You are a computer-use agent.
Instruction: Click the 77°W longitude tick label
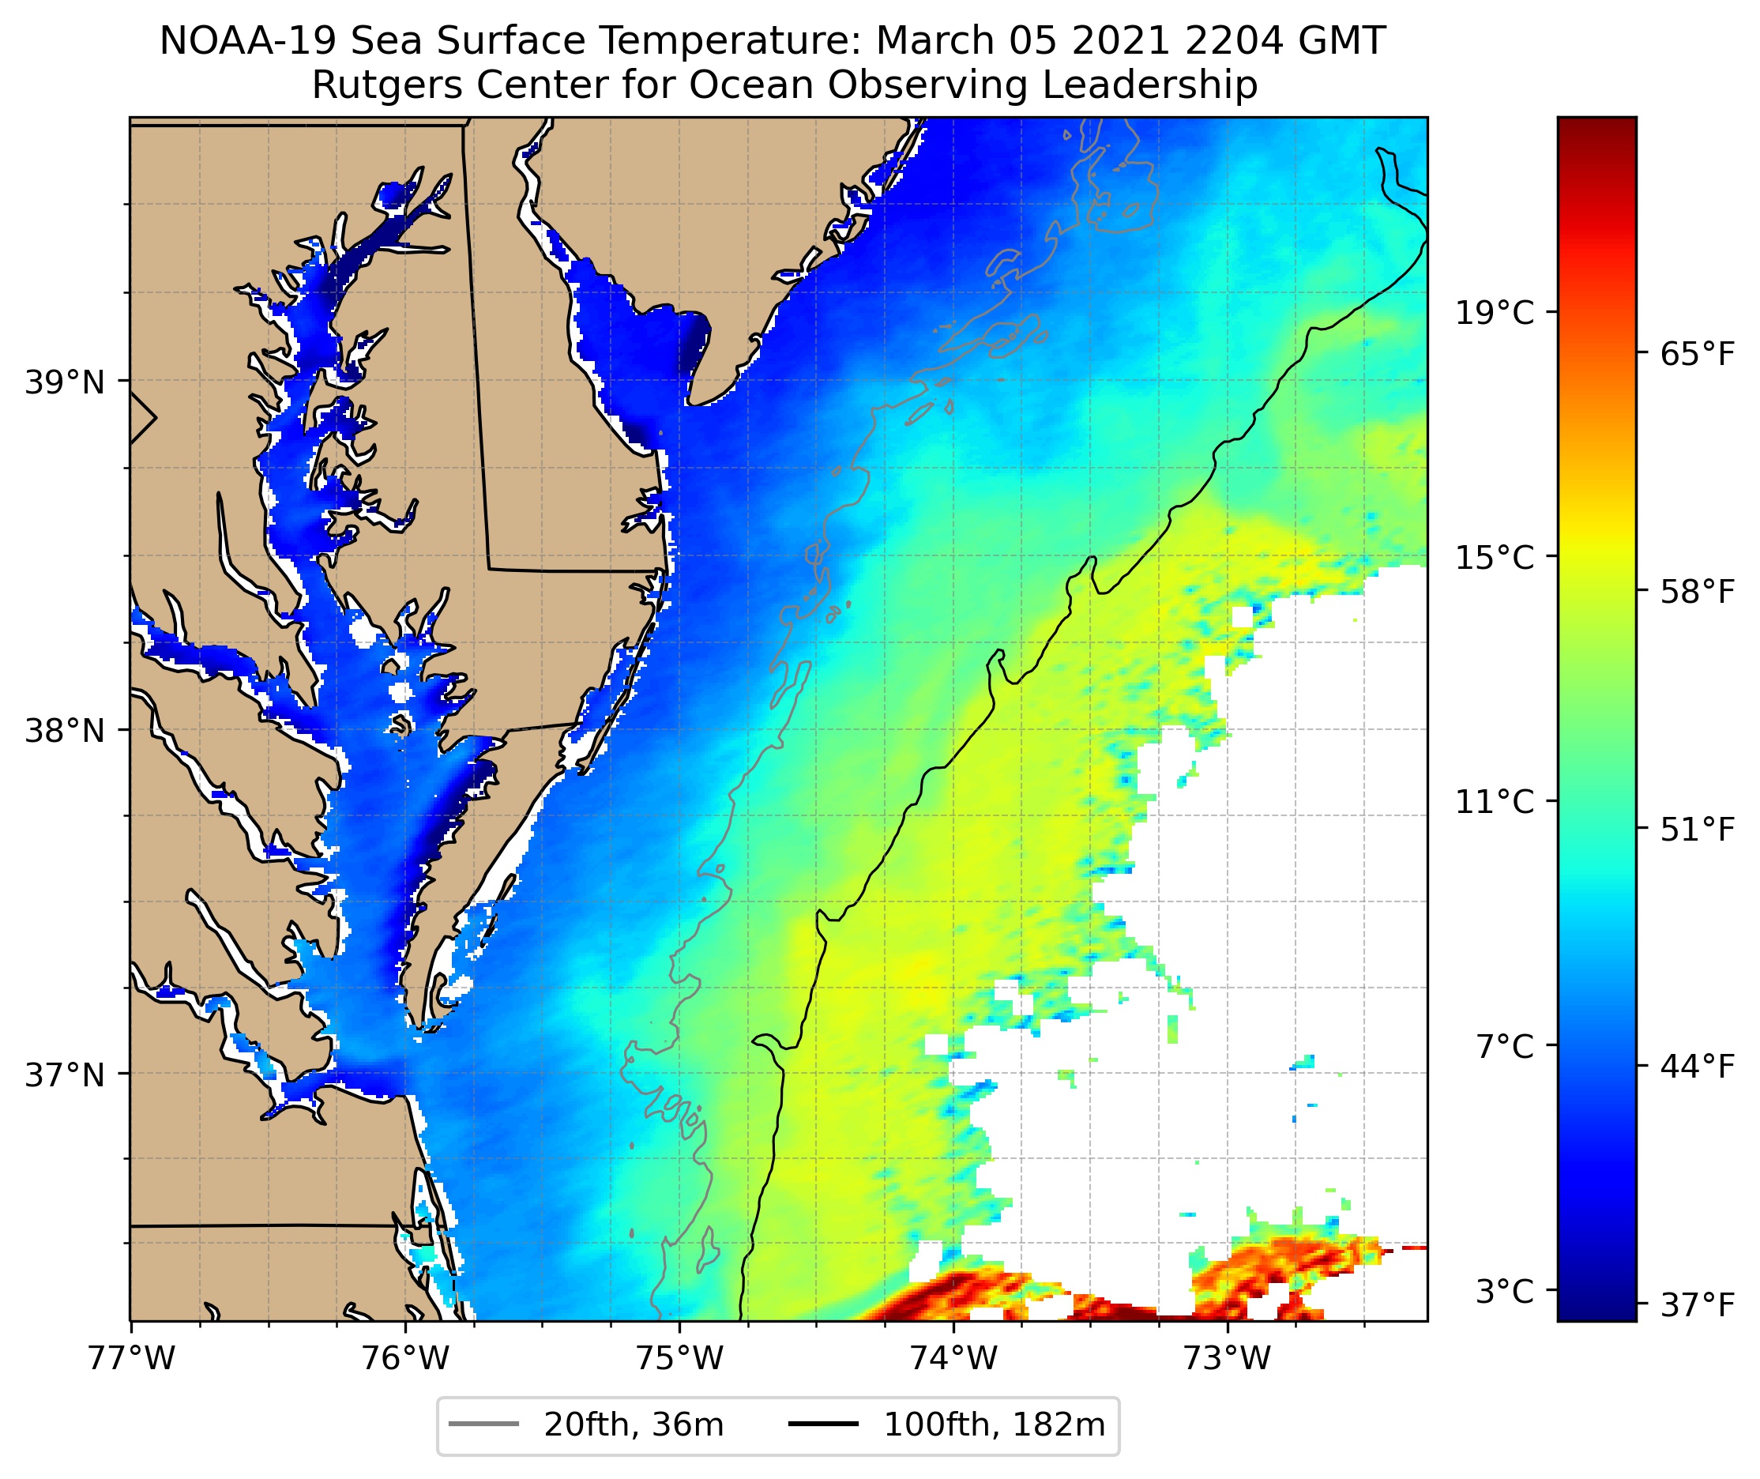(131, 1359)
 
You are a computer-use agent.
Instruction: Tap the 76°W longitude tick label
(406, 1359)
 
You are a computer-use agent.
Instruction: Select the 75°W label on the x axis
(679, 1359)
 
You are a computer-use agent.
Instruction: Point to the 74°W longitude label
(953, 1359)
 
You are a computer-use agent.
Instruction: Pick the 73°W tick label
(1228, 1359)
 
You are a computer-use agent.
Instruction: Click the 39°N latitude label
(66, 382)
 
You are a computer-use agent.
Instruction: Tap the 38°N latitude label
(66, 731)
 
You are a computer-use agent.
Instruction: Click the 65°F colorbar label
(1698, 354)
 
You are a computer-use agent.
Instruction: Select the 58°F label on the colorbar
(1698, 592)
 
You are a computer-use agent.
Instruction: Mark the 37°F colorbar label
(1698, 1305)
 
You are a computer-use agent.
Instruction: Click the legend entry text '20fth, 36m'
(634, 1424)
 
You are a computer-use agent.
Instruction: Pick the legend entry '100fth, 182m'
(995, 1424)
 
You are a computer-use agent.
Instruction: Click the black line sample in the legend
(823, 1424)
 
